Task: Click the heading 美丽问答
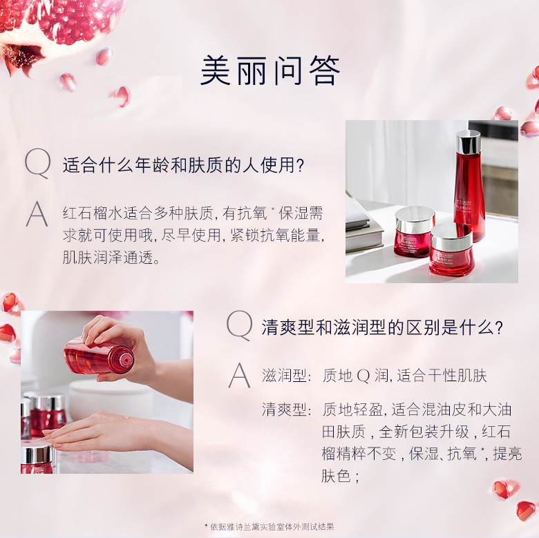coord(269,70)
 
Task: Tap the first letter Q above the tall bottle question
coord(38,164)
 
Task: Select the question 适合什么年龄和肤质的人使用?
coord(184,165)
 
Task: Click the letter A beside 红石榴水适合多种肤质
coord(37,214)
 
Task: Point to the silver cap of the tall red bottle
coord(468,141)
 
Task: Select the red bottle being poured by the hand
coord(99,356)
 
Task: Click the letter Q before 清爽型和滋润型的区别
coord(240,325)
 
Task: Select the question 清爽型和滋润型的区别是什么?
coord(382,327)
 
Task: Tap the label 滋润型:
coord(286,376)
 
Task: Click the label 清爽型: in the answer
coord(286,409)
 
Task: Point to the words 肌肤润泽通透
coord(108,257)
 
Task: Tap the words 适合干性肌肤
coord(442,376)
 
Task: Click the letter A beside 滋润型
coord(240,376)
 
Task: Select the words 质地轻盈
coord(352,409)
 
